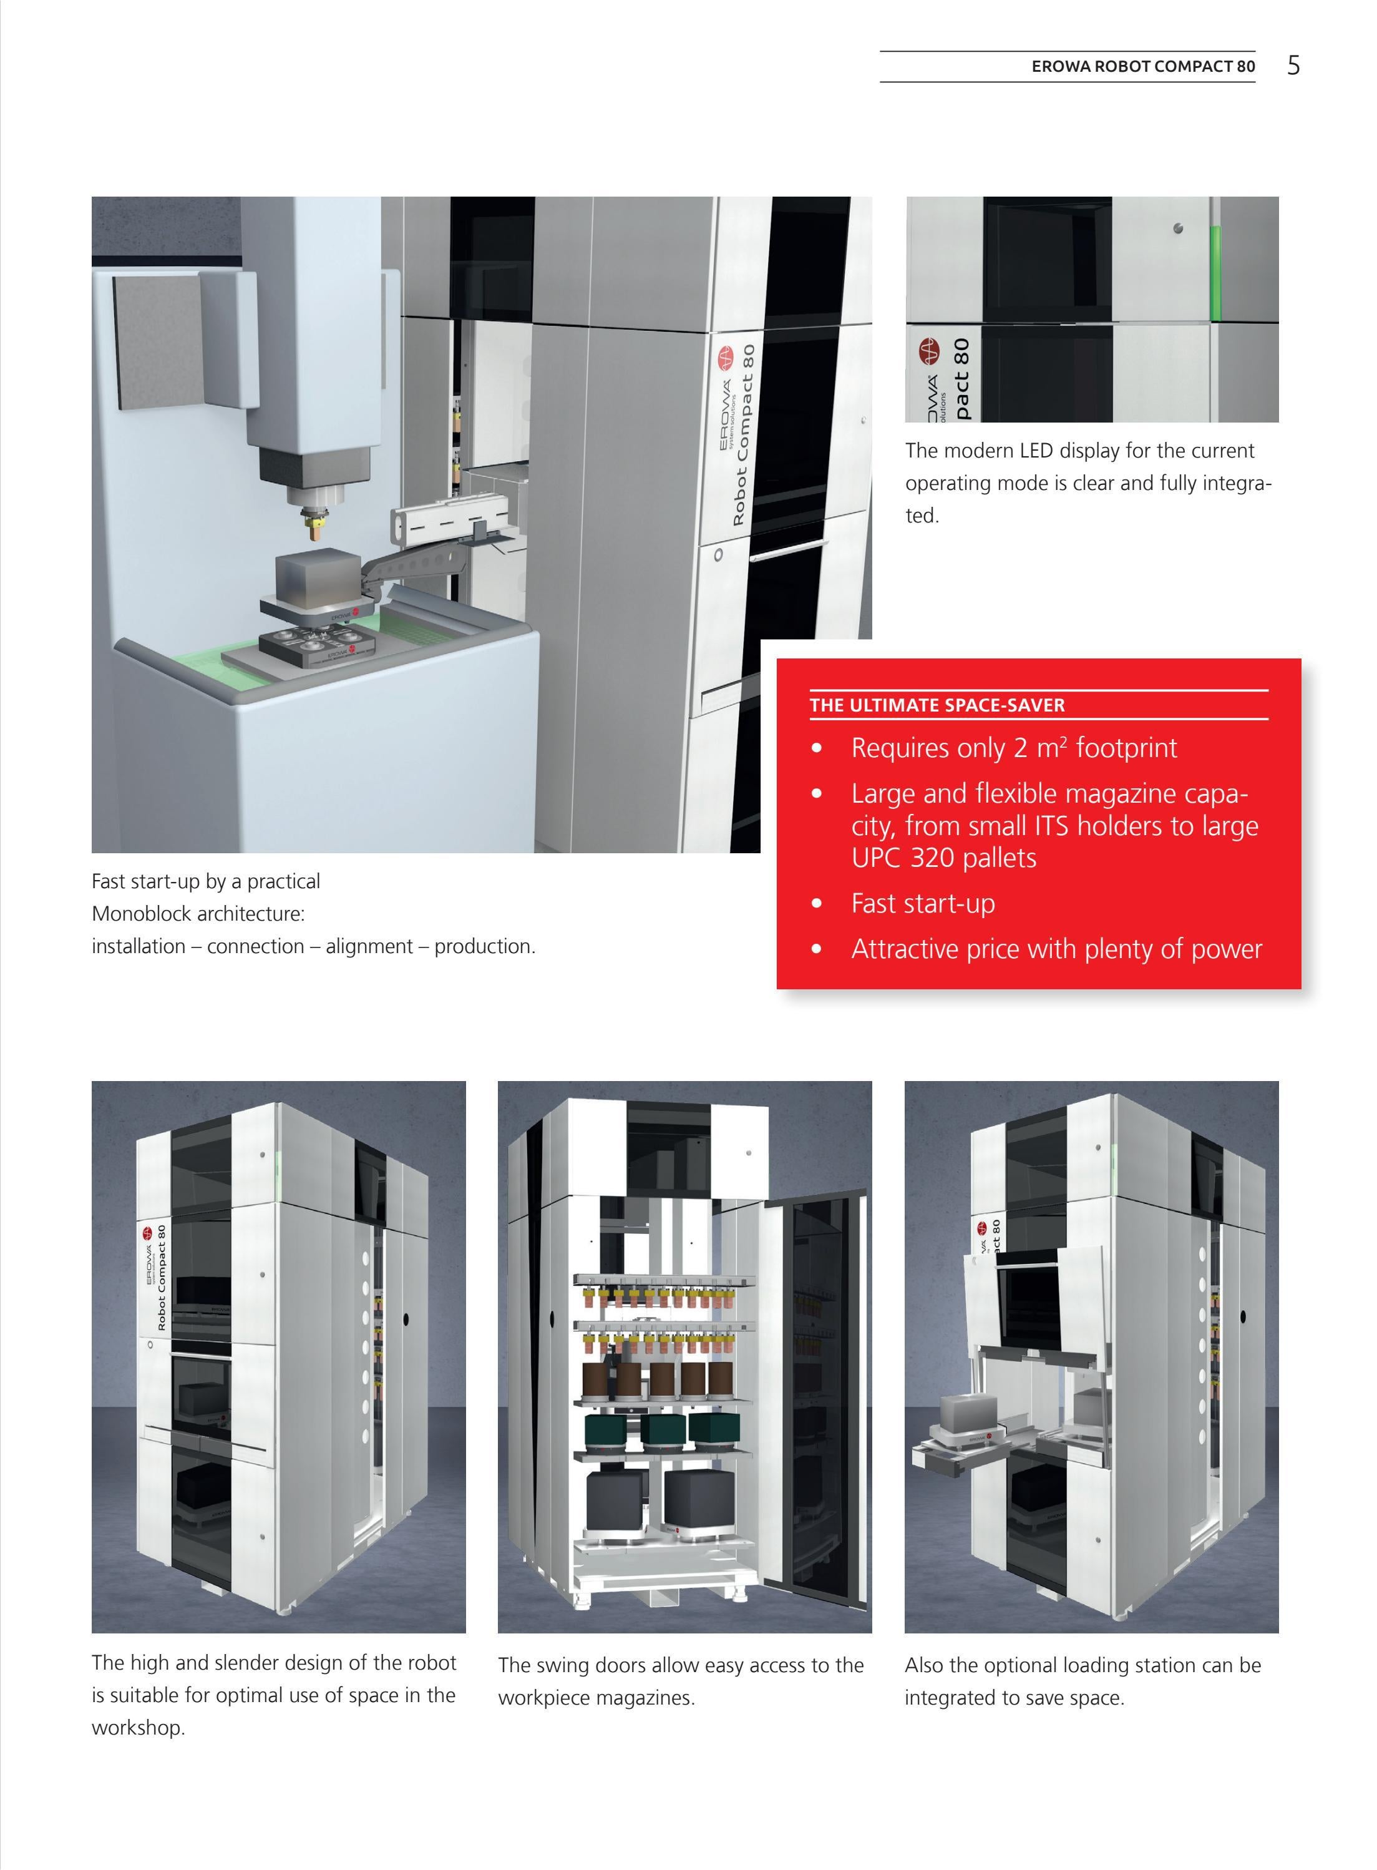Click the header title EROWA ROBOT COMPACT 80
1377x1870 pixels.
point(1143,67)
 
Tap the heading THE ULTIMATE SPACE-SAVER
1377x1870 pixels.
point(937,705)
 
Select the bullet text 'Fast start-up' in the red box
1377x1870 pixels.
point(923,904)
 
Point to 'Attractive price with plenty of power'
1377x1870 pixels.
point(1056,949)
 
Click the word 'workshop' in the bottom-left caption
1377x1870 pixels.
point(137,1728)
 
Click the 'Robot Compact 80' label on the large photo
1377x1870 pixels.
point(744,435)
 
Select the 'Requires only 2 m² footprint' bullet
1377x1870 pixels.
point(1014,748)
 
